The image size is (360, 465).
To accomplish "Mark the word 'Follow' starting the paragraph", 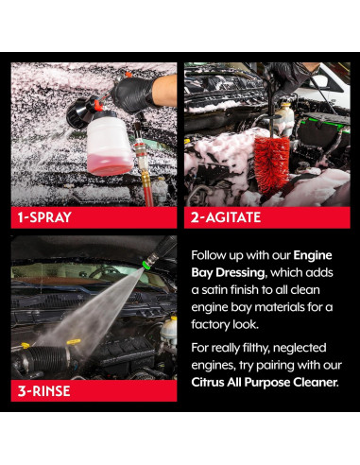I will pos(211,255).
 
